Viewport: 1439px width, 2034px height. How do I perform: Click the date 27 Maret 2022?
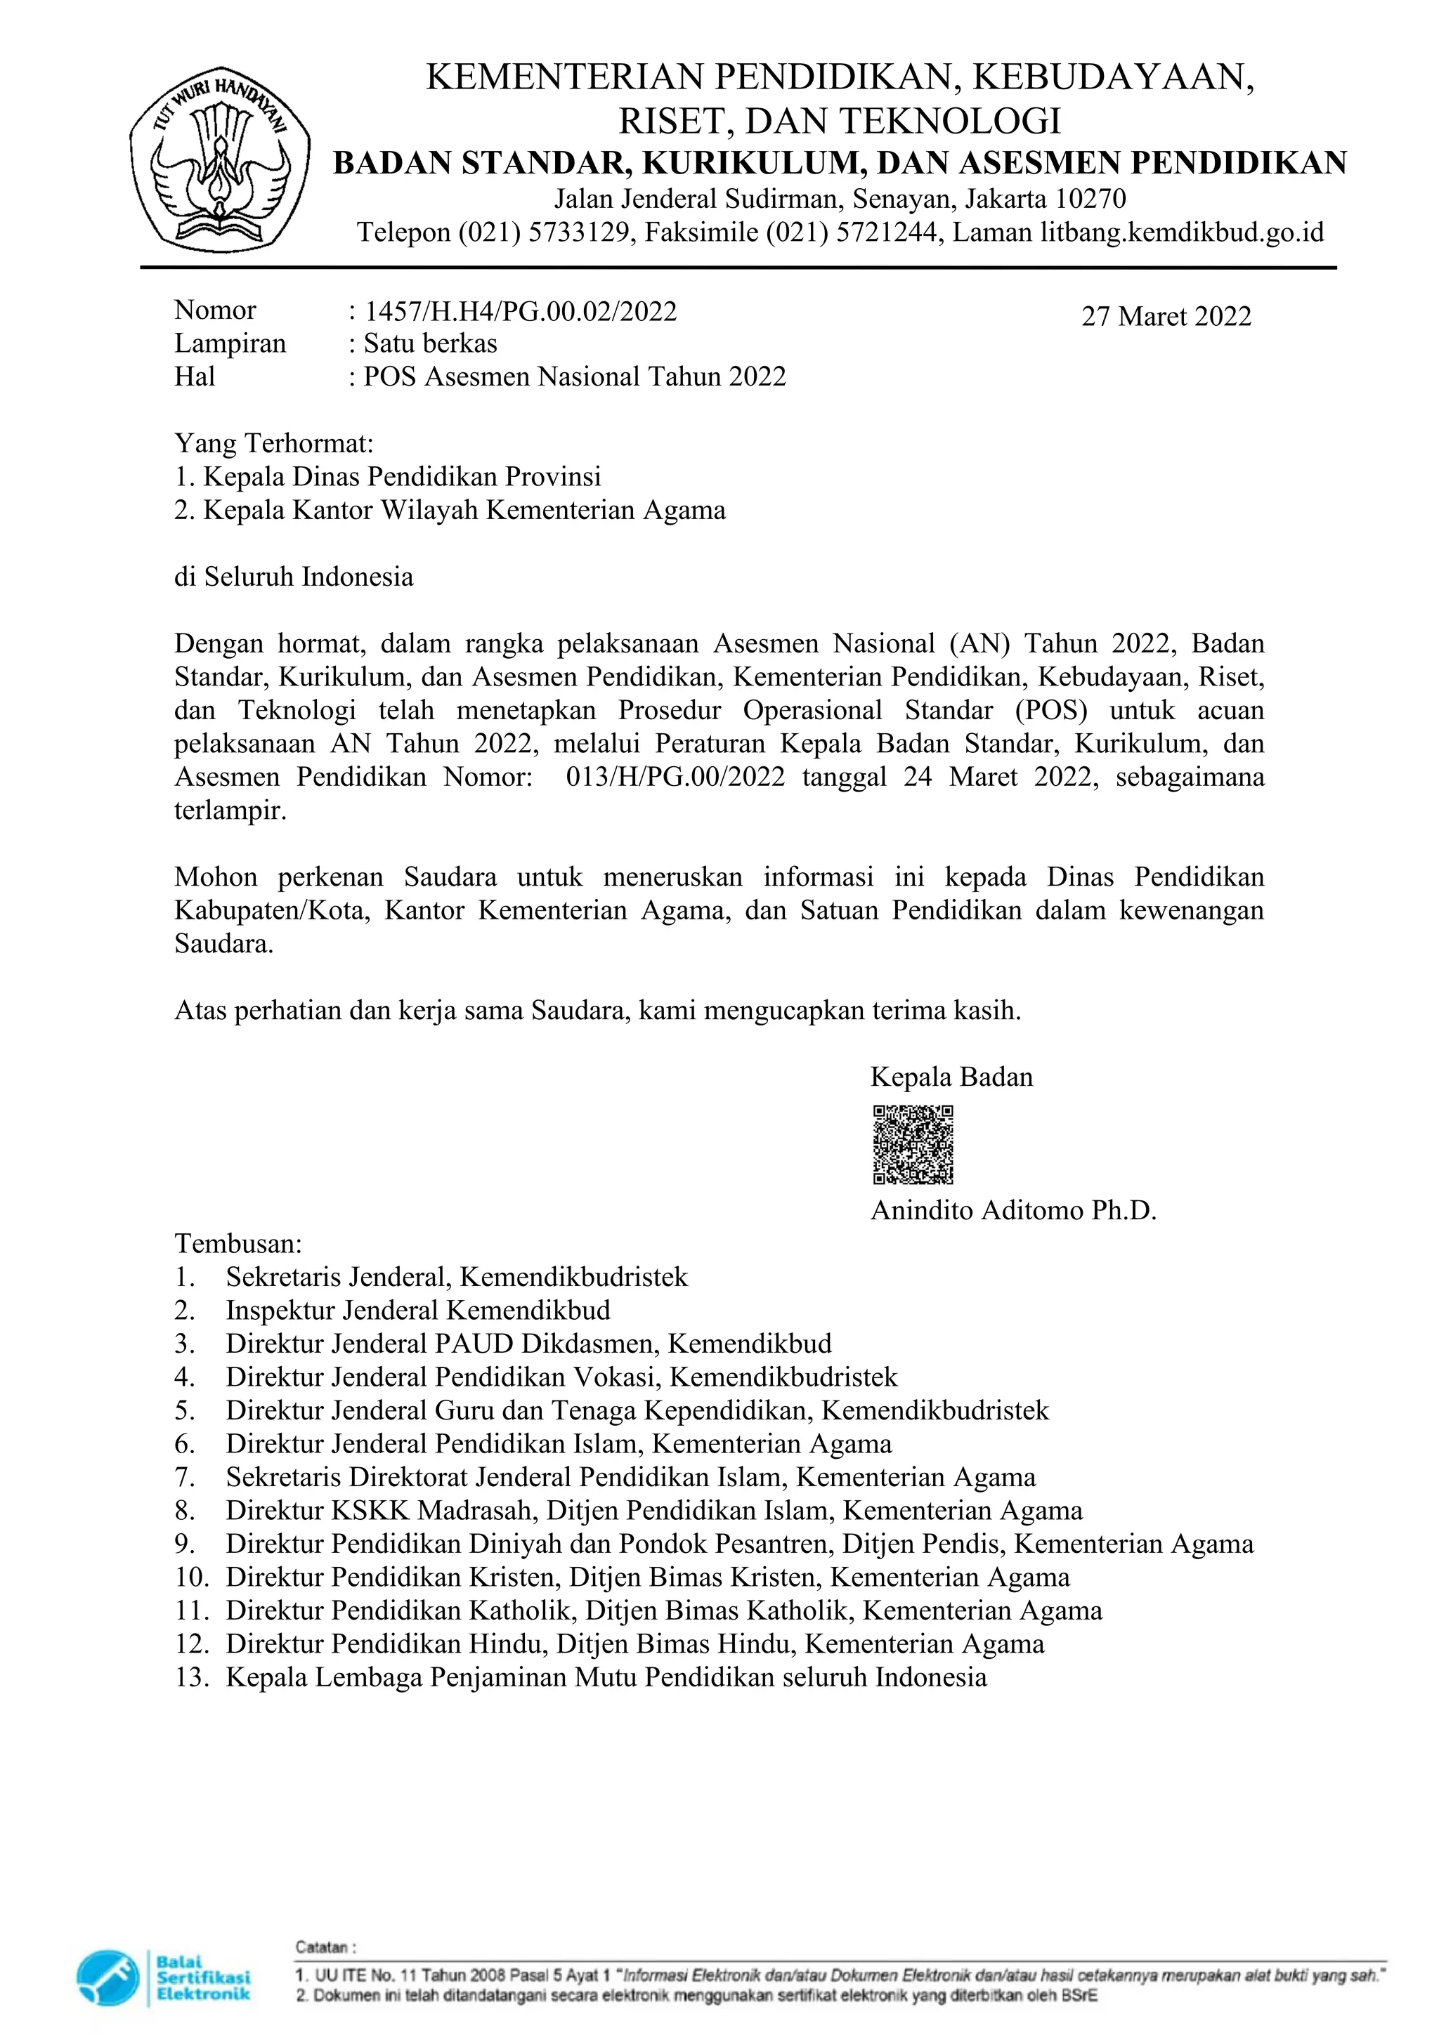pos(1166,316)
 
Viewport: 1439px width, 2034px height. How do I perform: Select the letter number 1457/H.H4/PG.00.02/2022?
pos(521,311)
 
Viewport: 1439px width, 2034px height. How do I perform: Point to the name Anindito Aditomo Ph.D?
pos(1014,1210)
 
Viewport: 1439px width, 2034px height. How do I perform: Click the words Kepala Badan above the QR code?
pos(951,1077)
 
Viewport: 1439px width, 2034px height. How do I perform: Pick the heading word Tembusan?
pos(237,1244)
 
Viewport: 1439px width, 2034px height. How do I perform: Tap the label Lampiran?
pos(230,343)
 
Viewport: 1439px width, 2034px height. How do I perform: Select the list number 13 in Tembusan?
pos(190,1677)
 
